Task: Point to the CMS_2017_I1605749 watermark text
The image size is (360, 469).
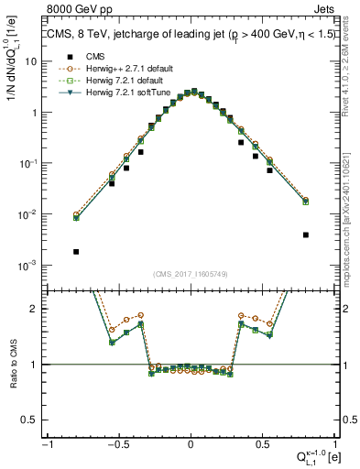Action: [x=191, y=274]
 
